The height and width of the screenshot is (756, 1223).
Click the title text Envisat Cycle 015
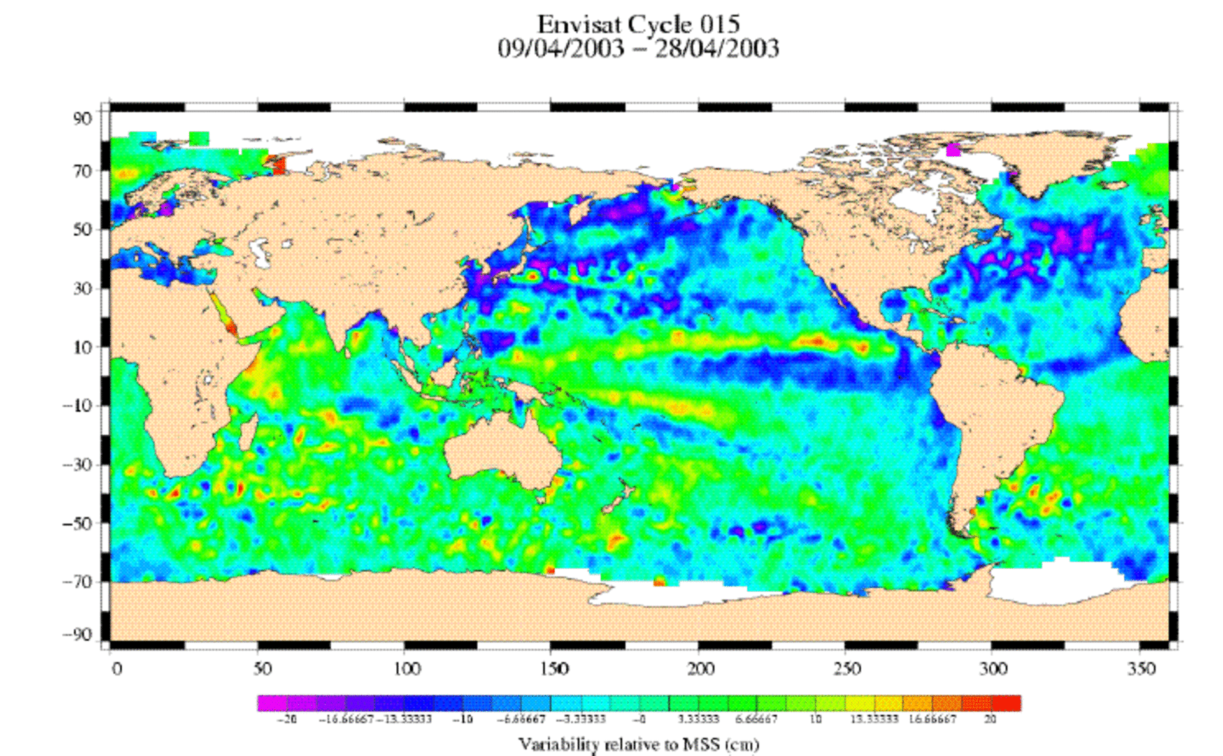[x=638, y=25]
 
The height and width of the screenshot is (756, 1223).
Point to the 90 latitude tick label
[x=82, y=119]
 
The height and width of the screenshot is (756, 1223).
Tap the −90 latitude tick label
[x=78, y=635]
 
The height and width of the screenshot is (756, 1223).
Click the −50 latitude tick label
[x=78, y=524]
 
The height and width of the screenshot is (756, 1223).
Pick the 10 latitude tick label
[x=82, y=347]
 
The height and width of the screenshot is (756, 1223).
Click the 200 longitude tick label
[x=700, y=669]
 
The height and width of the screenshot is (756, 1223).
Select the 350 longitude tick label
[x=1140, y=669]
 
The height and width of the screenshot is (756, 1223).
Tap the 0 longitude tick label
[x=117, y=669]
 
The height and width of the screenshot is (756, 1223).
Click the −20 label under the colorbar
[x=287, y=719]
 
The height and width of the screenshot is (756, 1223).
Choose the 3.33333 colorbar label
[x=697, y=719]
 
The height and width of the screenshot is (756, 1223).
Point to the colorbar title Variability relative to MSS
[x=638, y=744]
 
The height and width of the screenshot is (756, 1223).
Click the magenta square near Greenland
[x=953, y=150]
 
